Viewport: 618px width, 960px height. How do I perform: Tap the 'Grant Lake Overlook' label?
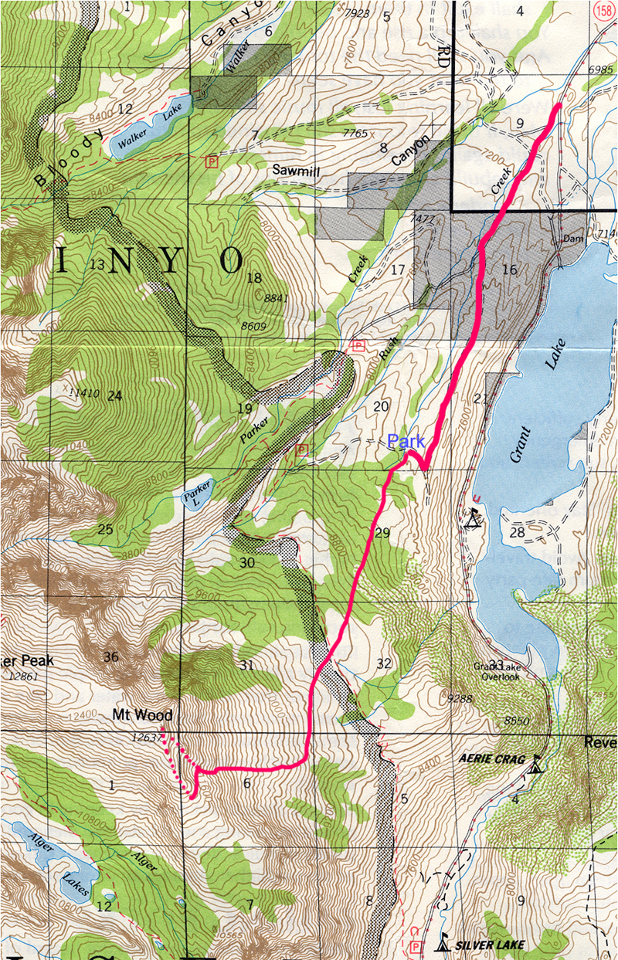click(501, 670)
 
